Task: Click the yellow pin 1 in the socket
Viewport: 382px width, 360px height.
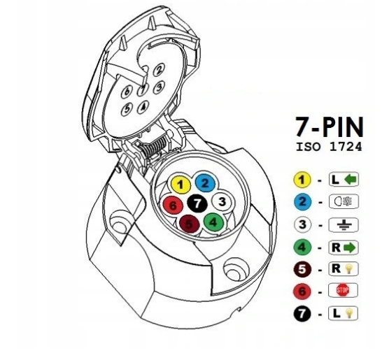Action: [181, 185]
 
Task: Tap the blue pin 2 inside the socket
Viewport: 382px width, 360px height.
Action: [205, 183]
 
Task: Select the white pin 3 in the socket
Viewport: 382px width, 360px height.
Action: [222, 201]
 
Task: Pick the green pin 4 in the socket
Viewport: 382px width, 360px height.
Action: [213, 222]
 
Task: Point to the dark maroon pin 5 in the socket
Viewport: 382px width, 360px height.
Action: [189, 224]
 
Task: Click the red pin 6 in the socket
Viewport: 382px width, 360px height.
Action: [173, 206]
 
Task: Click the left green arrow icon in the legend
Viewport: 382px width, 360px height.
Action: [351, 180]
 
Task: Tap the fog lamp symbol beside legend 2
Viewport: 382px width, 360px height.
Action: [344, 201]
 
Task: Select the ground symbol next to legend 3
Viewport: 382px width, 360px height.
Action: [344, 224]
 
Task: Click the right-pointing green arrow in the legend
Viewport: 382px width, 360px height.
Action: [349, 247]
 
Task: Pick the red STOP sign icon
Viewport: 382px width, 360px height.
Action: [343, 290]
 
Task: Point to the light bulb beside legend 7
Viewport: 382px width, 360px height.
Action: [348, 312]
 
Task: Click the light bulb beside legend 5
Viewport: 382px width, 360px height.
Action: [348, 268]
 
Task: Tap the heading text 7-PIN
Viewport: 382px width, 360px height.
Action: [330, 127]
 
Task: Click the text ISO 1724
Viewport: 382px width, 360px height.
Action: [329, 147]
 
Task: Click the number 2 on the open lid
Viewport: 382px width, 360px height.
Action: [159, 70]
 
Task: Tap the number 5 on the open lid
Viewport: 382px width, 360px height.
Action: [127, 109]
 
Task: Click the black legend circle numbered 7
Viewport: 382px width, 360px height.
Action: [302, 314]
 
